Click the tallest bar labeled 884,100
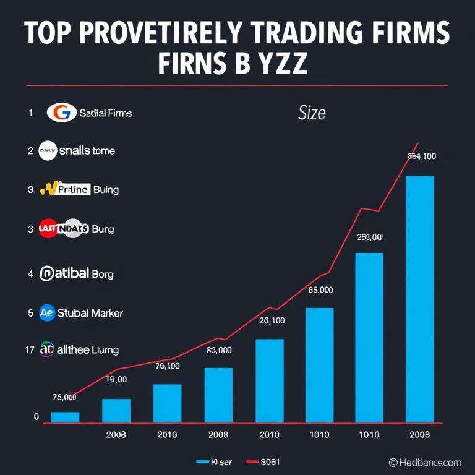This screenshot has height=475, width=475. tap(420, 299)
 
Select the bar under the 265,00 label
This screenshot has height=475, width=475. tap(369, 338)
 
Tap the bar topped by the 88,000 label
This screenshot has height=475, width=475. tap(319, 365)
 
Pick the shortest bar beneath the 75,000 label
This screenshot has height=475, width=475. tap(65, 417)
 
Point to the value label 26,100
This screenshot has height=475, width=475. tap(271, 320)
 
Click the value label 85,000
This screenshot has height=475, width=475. tap(218, 350)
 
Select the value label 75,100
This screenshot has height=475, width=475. tap(167, 366)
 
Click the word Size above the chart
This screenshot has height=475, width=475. tap(312, 113)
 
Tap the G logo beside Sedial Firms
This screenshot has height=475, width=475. tap(61, 113)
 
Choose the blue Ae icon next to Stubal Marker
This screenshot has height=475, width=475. tap(47, 312)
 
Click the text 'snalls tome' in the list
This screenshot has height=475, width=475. tap(87, 150)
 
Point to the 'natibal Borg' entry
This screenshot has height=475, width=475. tap(77, 273)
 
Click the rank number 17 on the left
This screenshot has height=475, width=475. tap(29, 350)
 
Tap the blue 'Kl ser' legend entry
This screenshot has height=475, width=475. tap(214, 462)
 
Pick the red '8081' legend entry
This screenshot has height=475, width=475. tap(263, 462)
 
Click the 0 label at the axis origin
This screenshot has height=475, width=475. tap(36, 417)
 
